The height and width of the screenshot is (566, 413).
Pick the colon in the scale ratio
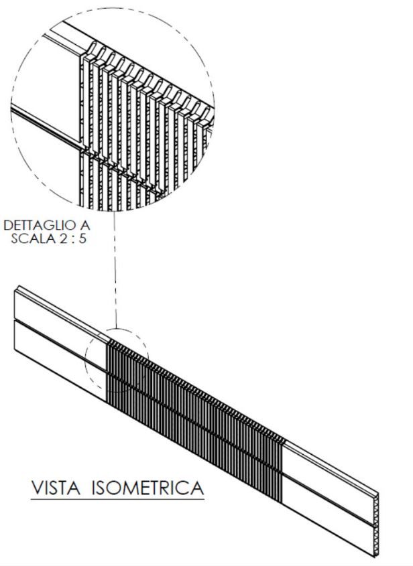[x=75, y=239]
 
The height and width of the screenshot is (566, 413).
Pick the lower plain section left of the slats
[x=60, y=358]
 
